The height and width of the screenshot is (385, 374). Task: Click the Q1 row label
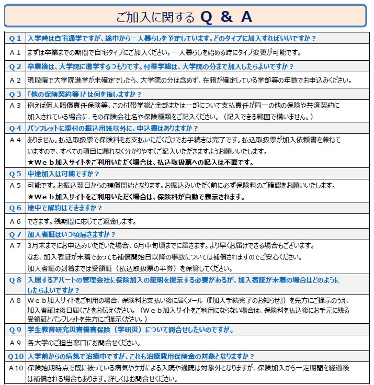pos(15,38)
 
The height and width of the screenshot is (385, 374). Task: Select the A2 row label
pos(15,80)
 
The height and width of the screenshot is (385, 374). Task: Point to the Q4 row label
pos(15,128)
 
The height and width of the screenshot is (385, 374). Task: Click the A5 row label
pos(15,185)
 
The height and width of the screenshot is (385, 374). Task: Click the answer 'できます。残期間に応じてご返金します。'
pos(82,221)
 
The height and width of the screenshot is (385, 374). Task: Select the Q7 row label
pos(15,234)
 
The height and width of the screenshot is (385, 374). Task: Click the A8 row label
pos(15,300)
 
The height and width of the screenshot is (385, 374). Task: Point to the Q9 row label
pos(15,330)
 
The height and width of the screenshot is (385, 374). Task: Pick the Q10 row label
pos(15,356)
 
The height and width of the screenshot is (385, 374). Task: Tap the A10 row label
pos(15,367)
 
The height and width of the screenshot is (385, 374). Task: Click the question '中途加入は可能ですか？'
pos(63,173)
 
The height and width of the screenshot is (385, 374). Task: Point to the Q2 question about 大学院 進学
pos(160,66)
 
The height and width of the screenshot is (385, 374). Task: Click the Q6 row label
pos(15,208)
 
